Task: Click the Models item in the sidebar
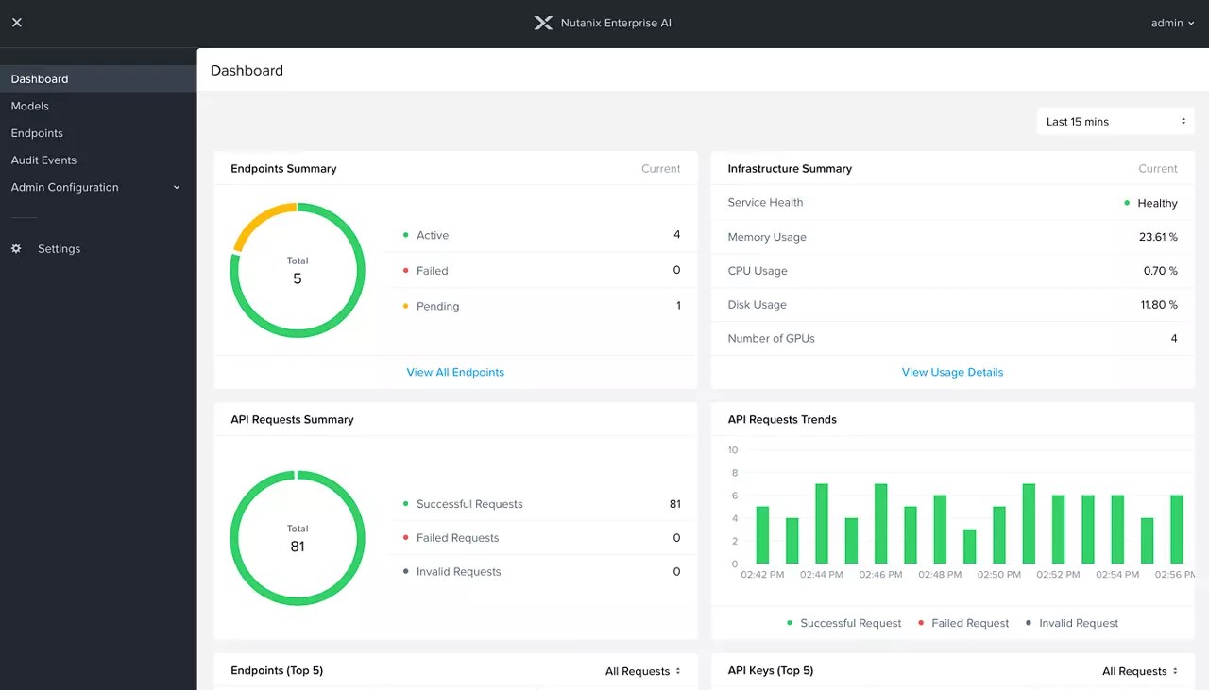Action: click(x=30, y=106)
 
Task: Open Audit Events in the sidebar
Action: click(x=43, y=160)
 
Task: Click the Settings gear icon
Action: click(x=16, y=249)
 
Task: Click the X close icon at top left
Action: click(x=16, y=23)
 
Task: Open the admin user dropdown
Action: click(x=1172, y=23)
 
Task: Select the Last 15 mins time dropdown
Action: click(x=1115, y=122)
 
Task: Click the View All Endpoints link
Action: click(x=455, y=372)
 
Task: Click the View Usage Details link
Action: click(x=952, y=372)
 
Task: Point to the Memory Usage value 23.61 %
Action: click(x=1158, y=237)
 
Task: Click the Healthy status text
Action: click(x=1157, y=203)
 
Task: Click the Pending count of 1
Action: click(x=677, y=306)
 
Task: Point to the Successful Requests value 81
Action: click(x=674, y=504)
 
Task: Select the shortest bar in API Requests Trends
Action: click(x=969, y=547)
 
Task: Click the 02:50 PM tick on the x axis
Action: click(x=999, y=574)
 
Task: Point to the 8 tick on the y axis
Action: click(x=734, y=473)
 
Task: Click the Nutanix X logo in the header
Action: click(x=543, y=23)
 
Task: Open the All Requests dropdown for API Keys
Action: click(x=1140, y=671)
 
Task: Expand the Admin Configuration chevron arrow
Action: click(x=177, y=188)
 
